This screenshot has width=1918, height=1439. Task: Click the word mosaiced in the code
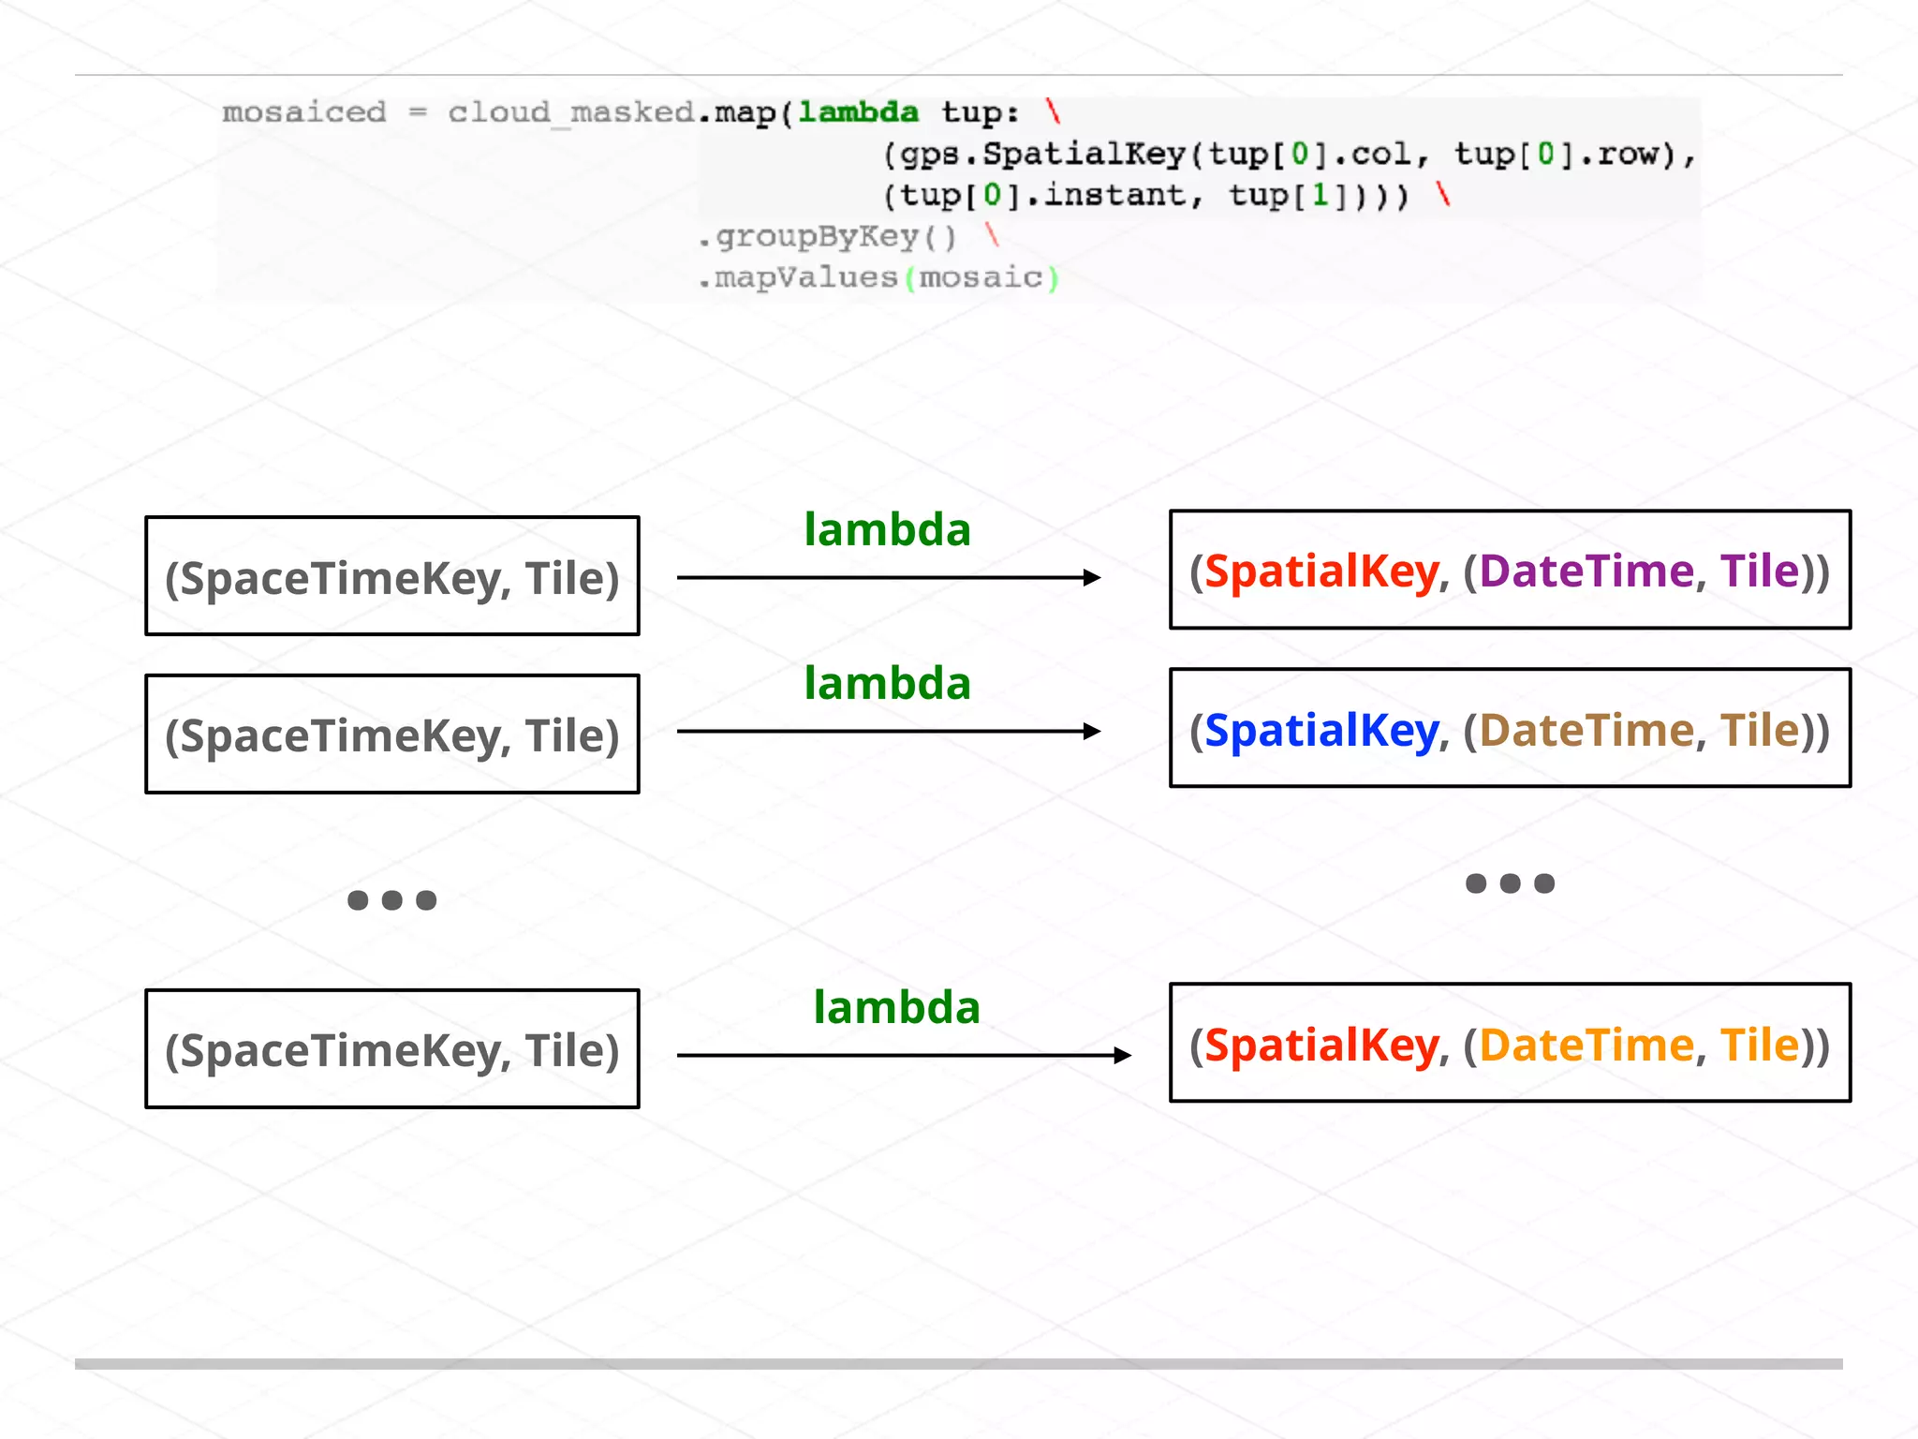pyautogui.click(x=303, y=112)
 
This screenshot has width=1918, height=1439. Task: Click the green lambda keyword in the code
pyautogui.click(x=858, y=112)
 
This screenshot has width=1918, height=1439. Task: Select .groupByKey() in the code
pyautogui.click(x=827, y=237)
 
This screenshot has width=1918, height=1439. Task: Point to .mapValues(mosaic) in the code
pyautogui.click(x=878, y=278)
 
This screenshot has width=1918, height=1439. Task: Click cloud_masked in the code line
pyautogui.click(x=570, y=112)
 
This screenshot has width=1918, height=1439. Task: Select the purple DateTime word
pyautogui.click(x=1586, y=571)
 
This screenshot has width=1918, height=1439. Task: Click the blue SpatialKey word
pyautogui.click(x=1320, y=730)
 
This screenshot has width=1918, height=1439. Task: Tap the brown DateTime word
pyautogui.click(x=1586, y=730)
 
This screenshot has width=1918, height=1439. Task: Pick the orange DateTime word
pyautogui.click(x=1586, y=1045)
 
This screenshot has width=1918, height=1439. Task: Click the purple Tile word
pyautogui.click(x=1759, y=571)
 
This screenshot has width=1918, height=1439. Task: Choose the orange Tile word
pyautogui.click(x=1759, y=1045)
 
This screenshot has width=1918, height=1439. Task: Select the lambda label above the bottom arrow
pyautogui.click(x=896, y=1008)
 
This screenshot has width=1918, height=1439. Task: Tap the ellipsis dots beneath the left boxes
pyautogui.click(x=391, y=900)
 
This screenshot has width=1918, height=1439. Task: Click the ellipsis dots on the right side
pyautogui.click(x=1510, y=883)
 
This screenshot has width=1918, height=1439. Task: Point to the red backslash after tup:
pyautogui.click(x=1054, y=112)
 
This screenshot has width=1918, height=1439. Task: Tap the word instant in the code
pyautogui.click(x=1114, y=196)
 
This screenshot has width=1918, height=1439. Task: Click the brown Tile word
pyautogui.click(x=1759, y=730)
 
